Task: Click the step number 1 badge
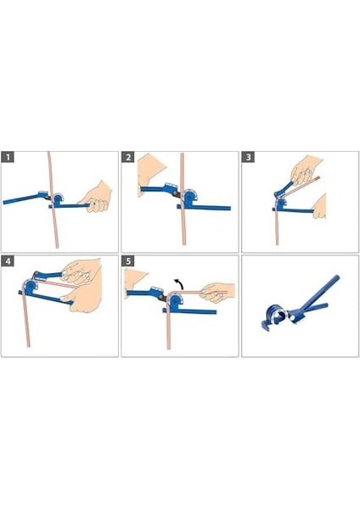tap(8, 158)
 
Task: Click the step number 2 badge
tap(128, 158)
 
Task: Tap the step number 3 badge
tap(249, 158)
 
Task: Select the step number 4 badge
tap(8, 261)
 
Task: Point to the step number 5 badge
tap(128, 261)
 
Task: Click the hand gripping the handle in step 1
tap(96, 198)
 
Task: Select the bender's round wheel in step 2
tap(189, 197)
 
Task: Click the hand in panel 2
tap(149, 172)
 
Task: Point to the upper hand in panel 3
tap(306, 171)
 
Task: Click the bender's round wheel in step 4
tap(31, 286)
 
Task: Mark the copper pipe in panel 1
tap(53, 200)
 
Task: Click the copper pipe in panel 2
tap(183, 199)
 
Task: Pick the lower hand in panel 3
tap(320, 207)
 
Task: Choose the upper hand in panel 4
tap(82, 272)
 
